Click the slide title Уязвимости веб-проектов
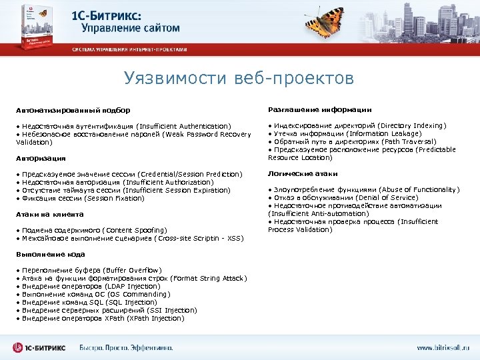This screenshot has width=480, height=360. (x=239, y=79)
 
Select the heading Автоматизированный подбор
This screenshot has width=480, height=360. (x=73, y=110)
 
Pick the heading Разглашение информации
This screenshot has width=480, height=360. (x=319, y=109)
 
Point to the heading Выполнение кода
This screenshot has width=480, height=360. (x=50, y=254)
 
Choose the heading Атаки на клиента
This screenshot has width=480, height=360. (x=50, y=214)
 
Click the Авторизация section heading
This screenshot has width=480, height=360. (x=41, y=158)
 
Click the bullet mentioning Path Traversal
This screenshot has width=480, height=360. (x=352, y=141)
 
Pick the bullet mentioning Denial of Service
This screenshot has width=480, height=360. (x=344, y=197)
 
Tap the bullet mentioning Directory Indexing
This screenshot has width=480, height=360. (x=357, y=125)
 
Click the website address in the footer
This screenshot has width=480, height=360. (x=443, y=347)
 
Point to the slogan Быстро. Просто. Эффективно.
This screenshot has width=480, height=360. (x=125, y=347)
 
